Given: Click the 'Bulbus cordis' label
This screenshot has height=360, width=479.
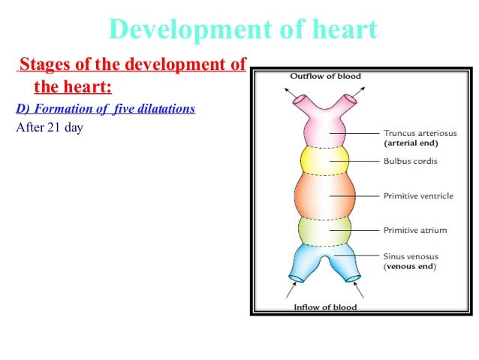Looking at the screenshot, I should click(x=409, y=161).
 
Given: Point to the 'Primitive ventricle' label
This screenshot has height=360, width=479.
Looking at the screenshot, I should click(x=418, y=195).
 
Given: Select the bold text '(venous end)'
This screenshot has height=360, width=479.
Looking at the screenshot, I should click(x=410, y=266).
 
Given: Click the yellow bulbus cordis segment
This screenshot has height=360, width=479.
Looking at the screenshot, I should click(x=324, y=160).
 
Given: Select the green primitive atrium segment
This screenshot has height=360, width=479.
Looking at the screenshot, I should click(x=324, y=229).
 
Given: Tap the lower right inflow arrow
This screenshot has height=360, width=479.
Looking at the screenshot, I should click(x=360, y=289).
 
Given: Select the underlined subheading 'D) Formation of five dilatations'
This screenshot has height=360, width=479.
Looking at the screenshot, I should click(x=105, y=109).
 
